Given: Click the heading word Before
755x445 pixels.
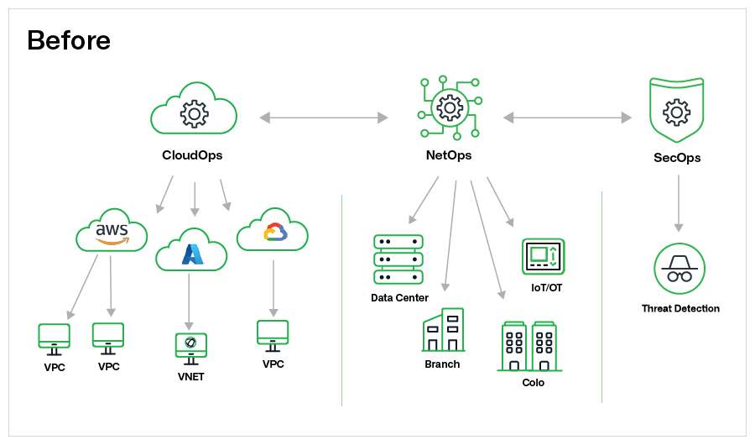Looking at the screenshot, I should tap(69, 39).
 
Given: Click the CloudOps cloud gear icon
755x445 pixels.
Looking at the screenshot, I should tap(194, 110).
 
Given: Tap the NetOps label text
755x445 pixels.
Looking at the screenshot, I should tap(449, 155).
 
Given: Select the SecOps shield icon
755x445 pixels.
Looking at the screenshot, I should tap(677, 110).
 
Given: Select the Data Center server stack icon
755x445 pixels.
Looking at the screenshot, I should tap(398, 259).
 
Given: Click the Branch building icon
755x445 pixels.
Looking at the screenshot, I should tap(443, 330).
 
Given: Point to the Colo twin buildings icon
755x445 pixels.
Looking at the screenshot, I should tap(529, 346).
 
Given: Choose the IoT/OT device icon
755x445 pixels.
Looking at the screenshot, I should tap(543, 256).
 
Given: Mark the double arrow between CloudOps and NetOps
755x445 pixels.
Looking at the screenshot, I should tap(324, 118).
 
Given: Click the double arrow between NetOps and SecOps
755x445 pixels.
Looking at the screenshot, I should tap(567, 118).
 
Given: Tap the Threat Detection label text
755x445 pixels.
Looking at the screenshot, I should tap(680, 308).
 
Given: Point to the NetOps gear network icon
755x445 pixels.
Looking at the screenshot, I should tap(450, 107).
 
